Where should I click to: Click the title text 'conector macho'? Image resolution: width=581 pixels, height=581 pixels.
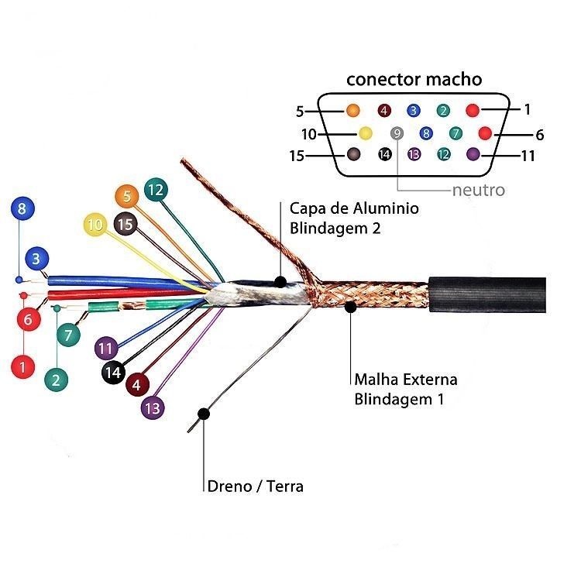pos(414,79)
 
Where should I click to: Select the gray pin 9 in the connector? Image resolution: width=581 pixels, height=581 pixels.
pos(397,133)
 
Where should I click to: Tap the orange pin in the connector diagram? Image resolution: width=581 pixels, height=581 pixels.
pos(353,110)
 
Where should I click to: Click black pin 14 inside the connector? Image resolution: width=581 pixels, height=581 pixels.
pos(384,154)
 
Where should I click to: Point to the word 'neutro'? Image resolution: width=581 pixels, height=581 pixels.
pos(478,190)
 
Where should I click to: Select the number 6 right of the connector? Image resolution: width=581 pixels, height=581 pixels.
pos(540,134)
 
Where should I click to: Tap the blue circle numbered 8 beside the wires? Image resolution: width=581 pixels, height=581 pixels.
pos(22,208)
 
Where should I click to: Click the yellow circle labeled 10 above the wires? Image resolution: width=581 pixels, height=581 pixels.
pos(95,225)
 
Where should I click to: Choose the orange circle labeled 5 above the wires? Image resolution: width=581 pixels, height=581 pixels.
pos(126,195)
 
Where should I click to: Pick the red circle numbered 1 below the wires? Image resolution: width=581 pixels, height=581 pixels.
pos(22,366)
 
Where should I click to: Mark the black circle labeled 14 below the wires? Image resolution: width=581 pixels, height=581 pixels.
pos(114,373)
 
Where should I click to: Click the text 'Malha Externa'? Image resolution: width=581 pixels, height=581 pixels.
pos(406,380)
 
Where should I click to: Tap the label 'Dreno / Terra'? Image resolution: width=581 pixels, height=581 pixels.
pos(256,486)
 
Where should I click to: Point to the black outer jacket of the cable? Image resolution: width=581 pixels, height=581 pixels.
pos(488,293)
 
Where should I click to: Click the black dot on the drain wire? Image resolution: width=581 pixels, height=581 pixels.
pos(204,414)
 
